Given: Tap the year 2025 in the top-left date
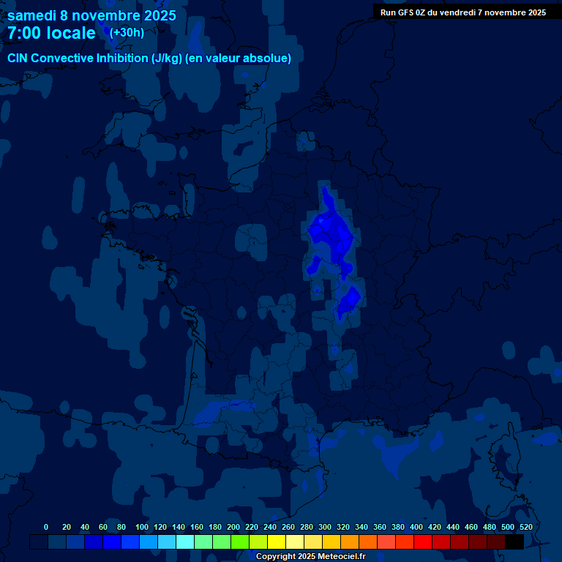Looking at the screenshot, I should coord(159,15).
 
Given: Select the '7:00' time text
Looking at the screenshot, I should coord(26,33).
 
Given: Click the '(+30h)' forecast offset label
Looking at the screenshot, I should coord(127,32).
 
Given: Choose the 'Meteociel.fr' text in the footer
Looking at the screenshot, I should coord(341,556).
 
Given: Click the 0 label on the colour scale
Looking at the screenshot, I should coord(46,527).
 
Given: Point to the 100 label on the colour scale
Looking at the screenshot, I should coord(142,527).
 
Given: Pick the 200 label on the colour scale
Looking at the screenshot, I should coord(233,527).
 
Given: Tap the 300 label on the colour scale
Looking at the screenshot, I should coord(325,527).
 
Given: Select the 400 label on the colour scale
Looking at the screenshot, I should coord(416,527).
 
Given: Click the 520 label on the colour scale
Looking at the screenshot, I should coord(525,527).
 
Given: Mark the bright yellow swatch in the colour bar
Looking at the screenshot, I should coord(277,542).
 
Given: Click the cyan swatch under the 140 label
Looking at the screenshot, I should coord(185,542).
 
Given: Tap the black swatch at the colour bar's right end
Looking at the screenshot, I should coord(514,542).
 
